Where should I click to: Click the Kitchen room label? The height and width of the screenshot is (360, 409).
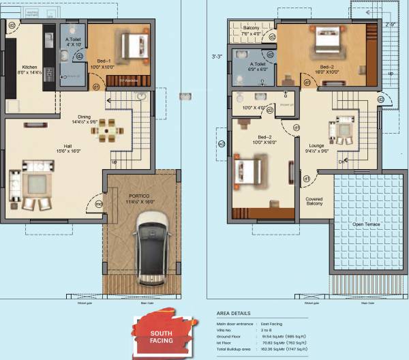pyautogui.click(x=29, y=67)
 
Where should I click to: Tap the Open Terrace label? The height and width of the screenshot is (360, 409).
pyautogui.click(x=366, y=224)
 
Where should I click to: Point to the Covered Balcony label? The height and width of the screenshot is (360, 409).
pyautogui.click(x=314, y=200)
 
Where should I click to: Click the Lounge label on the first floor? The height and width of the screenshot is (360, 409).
pyautogui.click(x=316, y=145)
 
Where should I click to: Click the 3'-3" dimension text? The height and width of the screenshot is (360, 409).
pyautogui.click(x=217, y=57)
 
